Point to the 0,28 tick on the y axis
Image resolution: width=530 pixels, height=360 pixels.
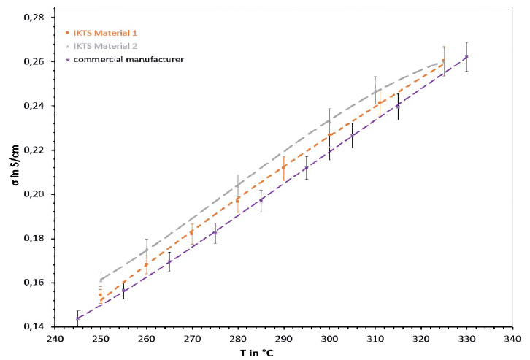click(x=37, y=18)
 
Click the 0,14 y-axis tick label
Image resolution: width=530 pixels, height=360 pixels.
click(x=37, y=326)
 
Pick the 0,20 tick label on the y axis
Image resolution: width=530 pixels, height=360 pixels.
click(x=37, y=194)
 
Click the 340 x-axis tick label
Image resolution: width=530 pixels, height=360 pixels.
click(x=512, y=339)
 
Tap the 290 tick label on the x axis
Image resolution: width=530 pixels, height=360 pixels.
click(x=284, y=339)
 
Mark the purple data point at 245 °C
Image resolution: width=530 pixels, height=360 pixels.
click(x=78, y=318)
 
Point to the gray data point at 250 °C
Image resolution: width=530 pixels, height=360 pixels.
click(x=101, y=280)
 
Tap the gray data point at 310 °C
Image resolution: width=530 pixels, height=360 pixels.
click(x=375, y=91)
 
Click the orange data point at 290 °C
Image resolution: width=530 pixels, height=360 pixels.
click(x=284, y=167)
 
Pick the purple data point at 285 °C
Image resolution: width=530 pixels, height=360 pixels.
click(x=261, y=200)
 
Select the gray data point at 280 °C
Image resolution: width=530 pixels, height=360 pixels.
click(x=238, y=185)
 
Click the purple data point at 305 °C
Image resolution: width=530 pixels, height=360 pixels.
click(x=352, y=136)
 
